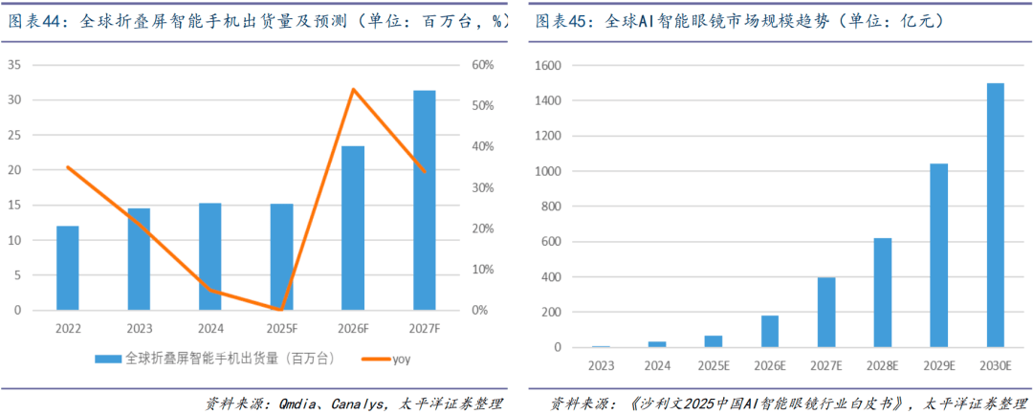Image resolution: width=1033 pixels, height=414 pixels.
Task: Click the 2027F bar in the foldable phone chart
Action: click(424, 200)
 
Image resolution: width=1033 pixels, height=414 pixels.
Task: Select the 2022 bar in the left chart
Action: click(68, 268)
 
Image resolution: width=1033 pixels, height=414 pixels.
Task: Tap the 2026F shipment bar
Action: click(353, 228)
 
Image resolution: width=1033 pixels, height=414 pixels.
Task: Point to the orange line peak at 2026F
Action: click(353, 90)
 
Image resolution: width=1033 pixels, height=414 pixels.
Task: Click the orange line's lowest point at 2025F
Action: click(281, 309)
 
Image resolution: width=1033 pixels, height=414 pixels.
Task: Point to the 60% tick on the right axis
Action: click(480, 65)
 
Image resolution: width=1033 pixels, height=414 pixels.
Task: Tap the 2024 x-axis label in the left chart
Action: click(210, 328)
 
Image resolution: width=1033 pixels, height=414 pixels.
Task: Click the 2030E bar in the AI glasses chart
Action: click(995, 215)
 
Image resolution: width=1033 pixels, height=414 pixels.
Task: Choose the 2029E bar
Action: click(938, 255)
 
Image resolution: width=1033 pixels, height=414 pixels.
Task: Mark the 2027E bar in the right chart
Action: click(825, 312)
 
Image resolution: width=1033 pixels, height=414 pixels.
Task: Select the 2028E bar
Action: click(882, 293)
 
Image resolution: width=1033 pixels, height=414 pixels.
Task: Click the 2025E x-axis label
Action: click(713, 364)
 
